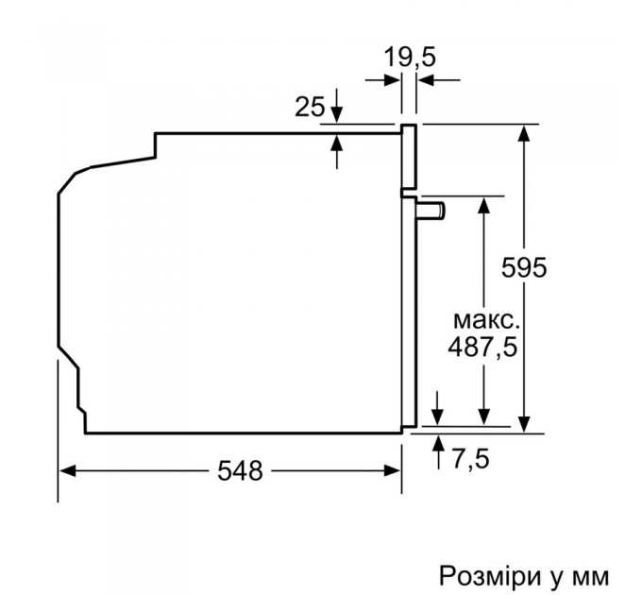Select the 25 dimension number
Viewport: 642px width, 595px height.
click(310, 107)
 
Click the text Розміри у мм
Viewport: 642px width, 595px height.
click(522, 574)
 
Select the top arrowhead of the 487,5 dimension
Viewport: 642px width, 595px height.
click(483, 205)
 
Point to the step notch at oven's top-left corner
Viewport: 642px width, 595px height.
click(155, 145)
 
